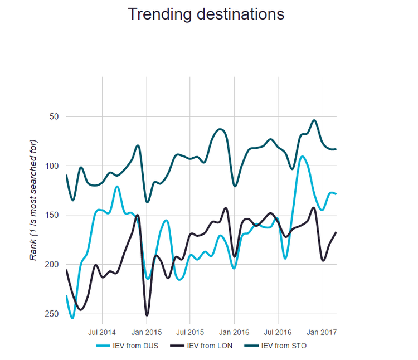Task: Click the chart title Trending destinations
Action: click(206, 14)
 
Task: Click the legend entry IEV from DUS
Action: click(132, 346)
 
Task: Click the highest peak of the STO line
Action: click(314, 120)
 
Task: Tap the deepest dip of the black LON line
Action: click(147, 315)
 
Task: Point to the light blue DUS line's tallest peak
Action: click(302, 156)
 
